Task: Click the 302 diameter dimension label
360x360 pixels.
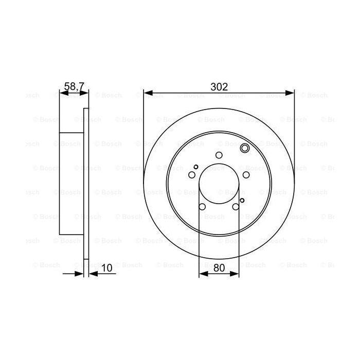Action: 219,87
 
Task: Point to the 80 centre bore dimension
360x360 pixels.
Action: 219,267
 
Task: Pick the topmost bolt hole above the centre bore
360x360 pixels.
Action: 219,156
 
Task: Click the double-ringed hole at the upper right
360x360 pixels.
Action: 245,149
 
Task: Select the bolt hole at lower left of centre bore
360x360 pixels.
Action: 202,207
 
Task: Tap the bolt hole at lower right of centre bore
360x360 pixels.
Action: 236,207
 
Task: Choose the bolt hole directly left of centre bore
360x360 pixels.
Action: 192,175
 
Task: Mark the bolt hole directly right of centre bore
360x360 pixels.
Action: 246,175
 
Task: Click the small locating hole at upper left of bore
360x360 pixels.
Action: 196,166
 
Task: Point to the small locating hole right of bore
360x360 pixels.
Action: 242,200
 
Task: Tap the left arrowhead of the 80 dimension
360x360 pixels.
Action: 202,274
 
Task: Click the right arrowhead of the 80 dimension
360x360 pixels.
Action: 237,274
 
